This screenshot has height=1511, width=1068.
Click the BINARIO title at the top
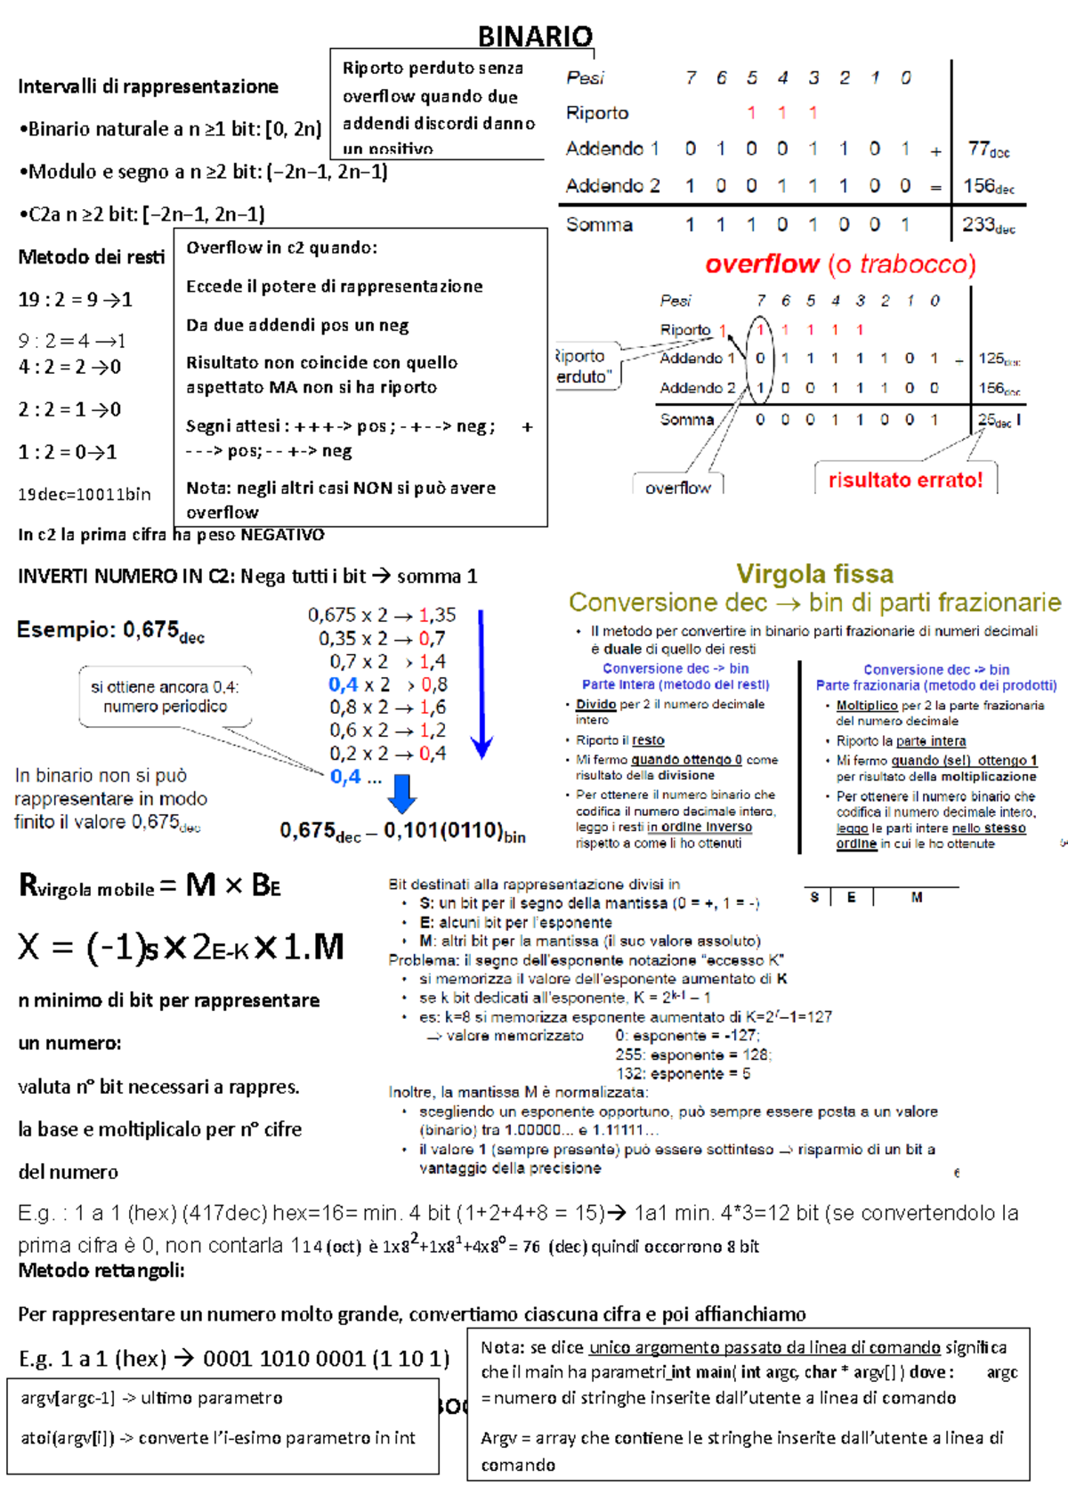(x=535, y=36)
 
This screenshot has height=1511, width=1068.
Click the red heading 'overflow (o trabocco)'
(x=840, y=264)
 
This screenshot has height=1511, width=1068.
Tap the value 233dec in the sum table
(x=988, y=225)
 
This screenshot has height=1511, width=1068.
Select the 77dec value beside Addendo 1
(x=988, y=149)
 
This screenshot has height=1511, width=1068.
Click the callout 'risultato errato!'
(x=905, y=481)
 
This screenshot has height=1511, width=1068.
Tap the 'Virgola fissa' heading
(x=814, y=574)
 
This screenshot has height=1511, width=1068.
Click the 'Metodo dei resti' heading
(x=91, y=257)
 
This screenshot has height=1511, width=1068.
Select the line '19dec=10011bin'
(x=85, y=495)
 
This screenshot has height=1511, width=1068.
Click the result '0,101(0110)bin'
(x=454, y=831)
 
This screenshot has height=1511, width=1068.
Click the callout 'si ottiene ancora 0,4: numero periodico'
(x=165, y=697)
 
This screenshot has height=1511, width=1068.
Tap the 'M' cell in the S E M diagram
(x=916, y=898)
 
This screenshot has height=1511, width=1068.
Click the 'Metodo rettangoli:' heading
(x=101, y=1271)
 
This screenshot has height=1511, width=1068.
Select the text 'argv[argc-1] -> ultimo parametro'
(x=151, y=1398)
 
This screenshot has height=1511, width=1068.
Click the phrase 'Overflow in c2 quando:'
(x=281, y=248)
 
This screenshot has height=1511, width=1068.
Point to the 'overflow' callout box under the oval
(x=677, y=488)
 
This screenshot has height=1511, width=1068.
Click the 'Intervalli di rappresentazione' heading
(x=148, y=87)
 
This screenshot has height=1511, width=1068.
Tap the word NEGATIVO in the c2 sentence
(x=282, y=535)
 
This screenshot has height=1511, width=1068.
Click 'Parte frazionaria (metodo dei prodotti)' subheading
(x=936, y=685)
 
